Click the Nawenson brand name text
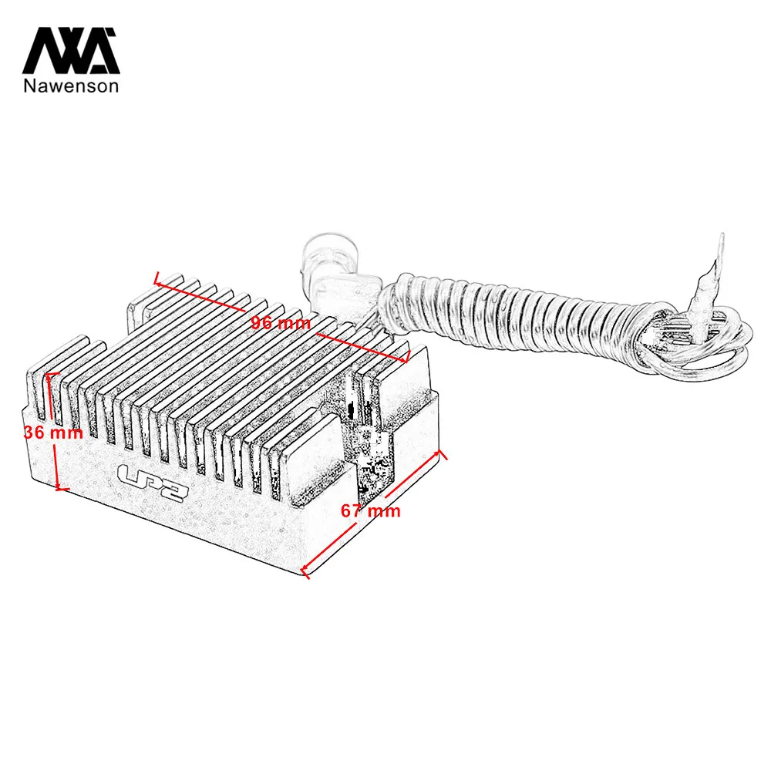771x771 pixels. tap(71, 86)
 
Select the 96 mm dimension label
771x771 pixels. tap(281, 323)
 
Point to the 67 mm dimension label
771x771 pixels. tap(371, 510)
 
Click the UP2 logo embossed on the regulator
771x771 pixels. tap(153, 483)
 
